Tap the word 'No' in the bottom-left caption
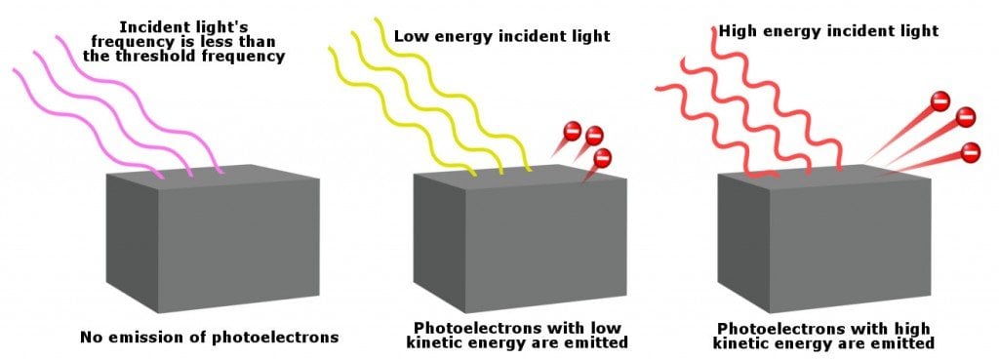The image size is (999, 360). click(x=92, y=339)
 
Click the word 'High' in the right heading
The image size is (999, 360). click(x=739, y=31)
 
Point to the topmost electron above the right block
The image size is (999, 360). click(x=939, y=100)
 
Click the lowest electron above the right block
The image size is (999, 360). click(x=971, y=152)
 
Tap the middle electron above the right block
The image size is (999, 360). click(x=966, y=118)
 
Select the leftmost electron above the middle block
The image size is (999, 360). click(x=573, y=131)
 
